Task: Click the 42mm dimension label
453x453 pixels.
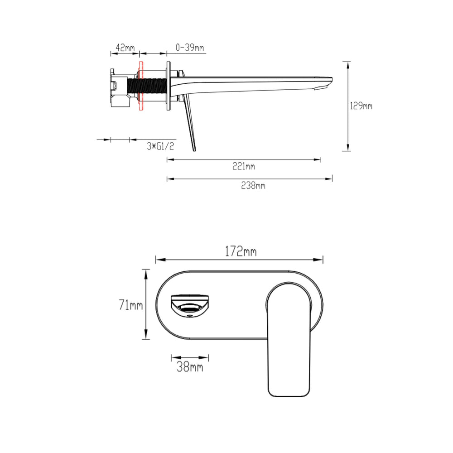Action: click(x=125, y=48)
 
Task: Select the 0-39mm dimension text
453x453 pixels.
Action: click(x=190, y=48)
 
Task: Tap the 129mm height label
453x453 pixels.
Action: click(x=361, y=106)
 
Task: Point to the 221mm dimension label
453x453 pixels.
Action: click(x=244, y=166)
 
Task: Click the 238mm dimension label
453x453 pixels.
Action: click(x=253, y=185)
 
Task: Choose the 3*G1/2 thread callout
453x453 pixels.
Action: click(x=160, y=146)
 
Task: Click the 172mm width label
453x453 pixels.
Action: click(x=241, y=251)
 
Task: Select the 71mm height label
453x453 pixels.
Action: click(x=131, y=305)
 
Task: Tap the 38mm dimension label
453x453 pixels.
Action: click(x=190, y=367)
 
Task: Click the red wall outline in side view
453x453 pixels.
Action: click(x=141, y=86)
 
